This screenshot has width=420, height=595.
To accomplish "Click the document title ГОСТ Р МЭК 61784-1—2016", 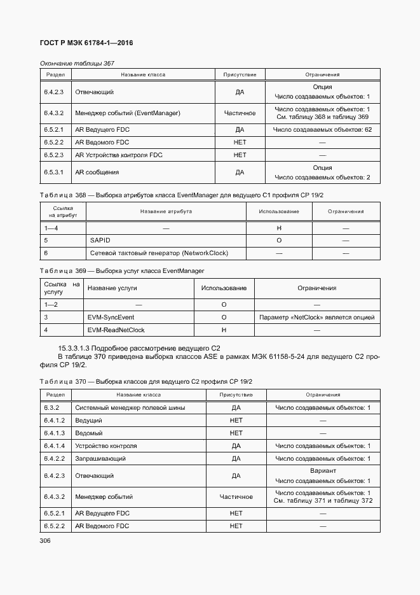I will (86, 43).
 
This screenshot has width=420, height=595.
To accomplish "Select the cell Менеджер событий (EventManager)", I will (128, 113).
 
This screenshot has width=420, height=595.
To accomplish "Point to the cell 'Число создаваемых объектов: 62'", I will (322, 130).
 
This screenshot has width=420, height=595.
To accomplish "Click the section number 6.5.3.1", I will (54, 172).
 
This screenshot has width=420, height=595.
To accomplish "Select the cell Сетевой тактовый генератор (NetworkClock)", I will (159, 253).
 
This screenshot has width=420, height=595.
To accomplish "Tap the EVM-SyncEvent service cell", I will (111, 317).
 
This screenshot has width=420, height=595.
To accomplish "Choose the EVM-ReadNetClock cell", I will (116, 330).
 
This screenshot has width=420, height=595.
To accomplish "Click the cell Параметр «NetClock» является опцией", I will (316, 317).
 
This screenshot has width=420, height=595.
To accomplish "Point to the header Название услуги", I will (112, 288).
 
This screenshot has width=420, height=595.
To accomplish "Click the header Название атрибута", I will (168, 211).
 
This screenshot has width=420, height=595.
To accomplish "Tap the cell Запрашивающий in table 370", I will (100, 458).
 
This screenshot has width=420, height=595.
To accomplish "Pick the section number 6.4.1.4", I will (55, 445).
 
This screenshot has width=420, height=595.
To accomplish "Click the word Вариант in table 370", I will (322, 471).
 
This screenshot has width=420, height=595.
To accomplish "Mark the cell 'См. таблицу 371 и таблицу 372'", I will (322, 501).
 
